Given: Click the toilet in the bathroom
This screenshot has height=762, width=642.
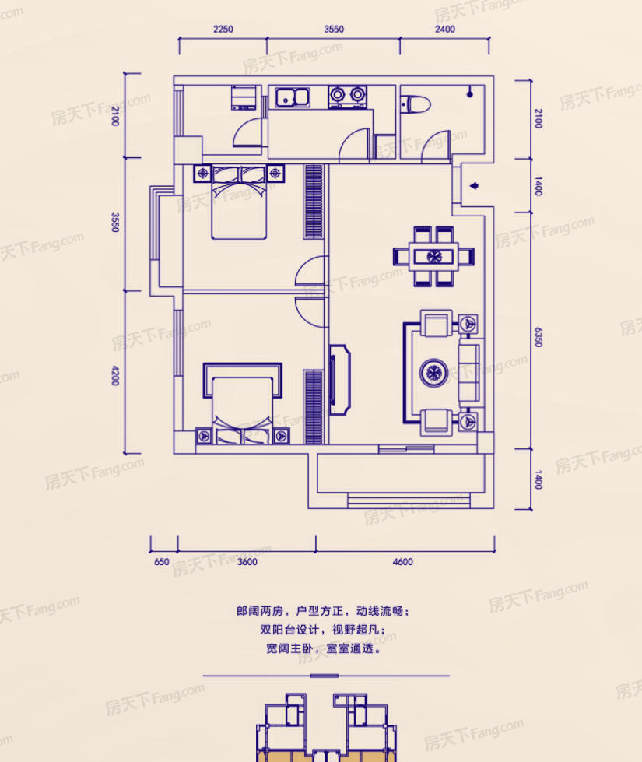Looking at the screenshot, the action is coord(416,104).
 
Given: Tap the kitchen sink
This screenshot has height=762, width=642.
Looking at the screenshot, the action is coord(293,97).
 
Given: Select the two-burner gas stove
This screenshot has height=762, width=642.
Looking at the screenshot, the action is coord(347,97).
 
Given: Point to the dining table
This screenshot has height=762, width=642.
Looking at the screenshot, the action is coord(433,256).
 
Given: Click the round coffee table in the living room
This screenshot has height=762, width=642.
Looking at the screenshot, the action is coord(433,373).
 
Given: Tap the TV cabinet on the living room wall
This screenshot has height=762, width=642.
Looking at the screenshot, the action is coord(339,380).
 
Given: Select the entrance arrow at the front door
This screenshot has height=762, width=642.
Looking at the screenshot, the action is coord(474,186).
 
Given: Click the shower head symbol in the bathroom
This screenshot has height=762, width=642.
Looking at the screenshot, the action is coord(469,93).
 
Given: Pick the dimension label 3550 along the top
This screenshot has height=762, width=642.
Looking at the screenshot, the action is coord(334,29).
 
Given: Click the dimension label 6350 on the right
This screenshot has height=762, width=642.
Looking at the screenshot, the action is coord(538,337).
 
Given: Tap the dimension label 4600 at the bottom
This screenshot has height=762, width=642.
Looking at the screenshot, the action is coord(403,562).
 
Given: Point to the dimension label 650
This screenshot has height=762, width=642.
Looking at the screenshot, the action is coord(161,562).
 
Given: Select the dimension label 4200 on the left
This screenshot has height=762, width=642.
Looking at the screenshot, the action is coord(115,376).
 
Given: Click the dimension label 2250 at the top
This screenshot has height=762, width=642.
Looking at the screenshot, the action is coord(223,29).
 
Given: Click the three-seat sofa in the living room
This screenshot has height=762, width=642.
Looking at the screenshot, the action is coord(469,373).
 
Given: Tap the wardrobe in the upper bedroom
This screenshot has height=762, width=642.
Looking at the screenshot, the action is coord(314,202).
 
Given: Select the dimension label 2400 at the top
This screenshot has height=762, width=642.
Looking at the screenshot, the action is coord(444,29).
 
